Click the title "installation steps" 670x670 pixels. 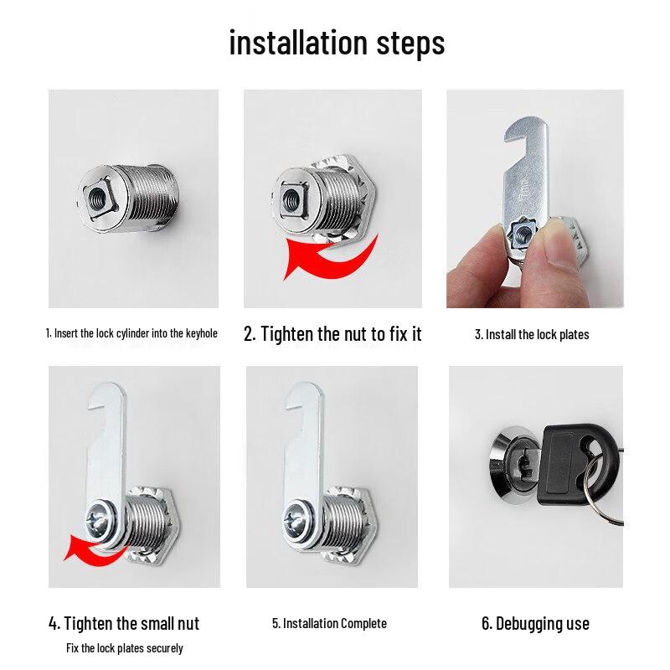point(337,43)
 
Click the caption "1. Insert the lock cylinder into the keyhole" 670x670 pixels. point(131,333)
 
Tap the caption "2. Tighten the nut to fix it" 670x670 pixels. point(332,334)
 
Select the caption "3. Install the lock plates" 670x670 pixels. point(532,335)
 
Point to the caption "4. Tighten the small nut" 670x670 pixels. point(124,623)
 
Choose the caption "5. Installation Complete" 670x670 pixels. point(329,623)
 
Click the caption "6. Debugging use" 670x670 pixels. point(535,624)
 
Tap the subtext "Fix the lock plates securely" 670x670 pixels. point(124,648)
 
